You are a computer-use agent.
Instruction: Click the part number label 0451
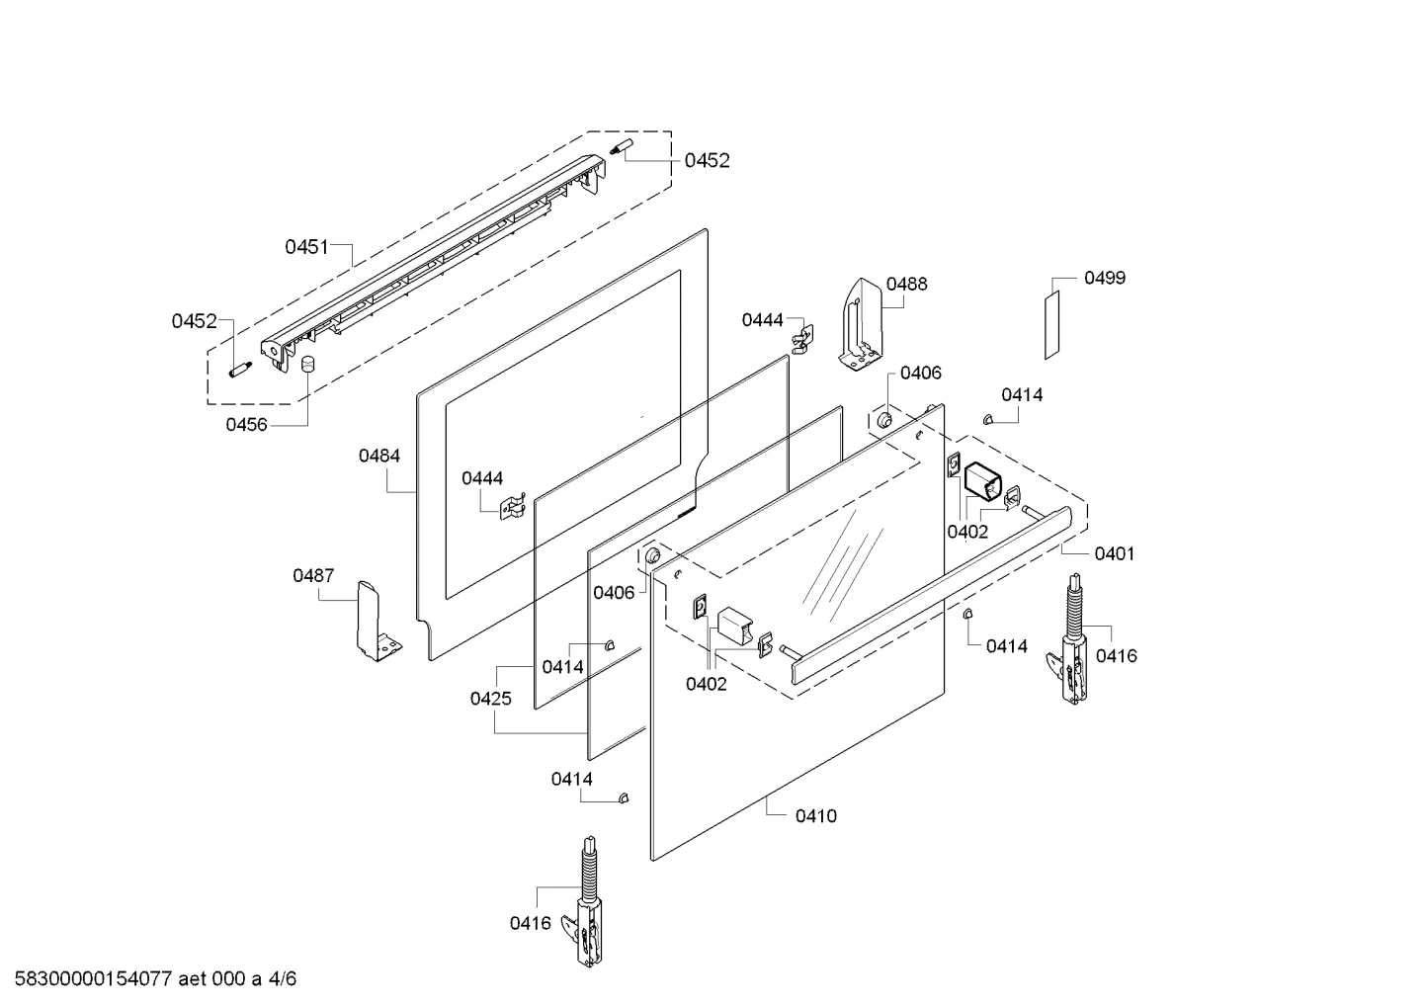[x=306, y=247]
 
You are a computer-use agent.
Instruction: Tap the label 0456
[x=247, y=424]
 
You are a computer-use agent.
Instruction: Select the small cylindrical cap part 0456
[x=308, y=365]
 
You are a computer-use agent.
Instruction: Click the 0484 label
[x=379, y=456]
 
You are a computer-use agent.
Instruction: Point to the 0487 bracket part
[x=377, y=622]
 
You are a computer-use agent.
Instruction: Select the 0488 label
[x=906, y=284]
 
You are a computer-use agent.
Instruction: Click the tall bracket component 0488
[x=861, y=324]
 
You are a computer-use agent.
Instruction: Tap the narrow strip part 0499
[x=1052, y=325]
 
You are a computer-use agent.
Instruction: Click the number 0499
[x=1105, y=278]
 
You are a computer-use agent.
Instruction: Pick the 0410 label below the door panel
[x=816, y=816]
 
